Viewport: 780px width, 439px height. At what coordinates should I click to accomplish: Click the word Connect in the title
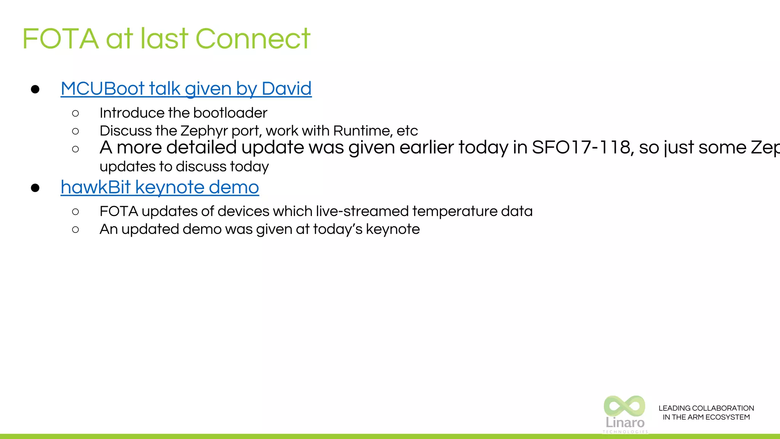[253, 39]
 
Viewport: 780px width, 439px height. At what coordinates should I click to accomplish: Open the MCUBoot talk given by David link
[186, 89]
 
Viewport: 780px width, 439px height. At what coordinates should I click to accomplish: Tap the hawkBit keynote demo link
[160, 187]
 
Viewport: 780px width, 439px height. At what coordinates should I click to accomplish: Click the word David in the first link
[286, 89]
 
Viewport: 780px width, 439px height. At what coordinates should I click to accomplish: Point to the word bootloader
[230, 113]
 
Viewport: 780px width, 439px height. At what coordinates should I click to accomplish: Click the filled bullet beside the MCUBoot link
[35, 90]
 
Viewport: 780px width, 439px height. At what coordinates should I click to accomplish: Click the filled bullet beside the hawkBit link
[35, 188]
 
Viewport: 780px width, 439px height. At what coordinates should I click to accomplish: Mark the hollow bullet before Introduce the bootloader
[75, 114]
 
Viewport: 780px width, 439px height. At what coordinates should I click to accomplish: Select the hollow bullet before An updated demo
[75, 230]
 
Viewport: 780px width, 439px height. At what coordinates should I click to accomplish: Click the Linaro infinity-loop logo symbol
[625, 406]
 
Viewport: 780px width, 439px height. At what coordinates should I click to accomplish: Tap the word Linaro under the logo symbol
[625, 422]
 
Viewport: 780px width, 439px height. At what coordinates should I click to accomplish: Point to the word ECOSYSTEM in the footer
[727, 417]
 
